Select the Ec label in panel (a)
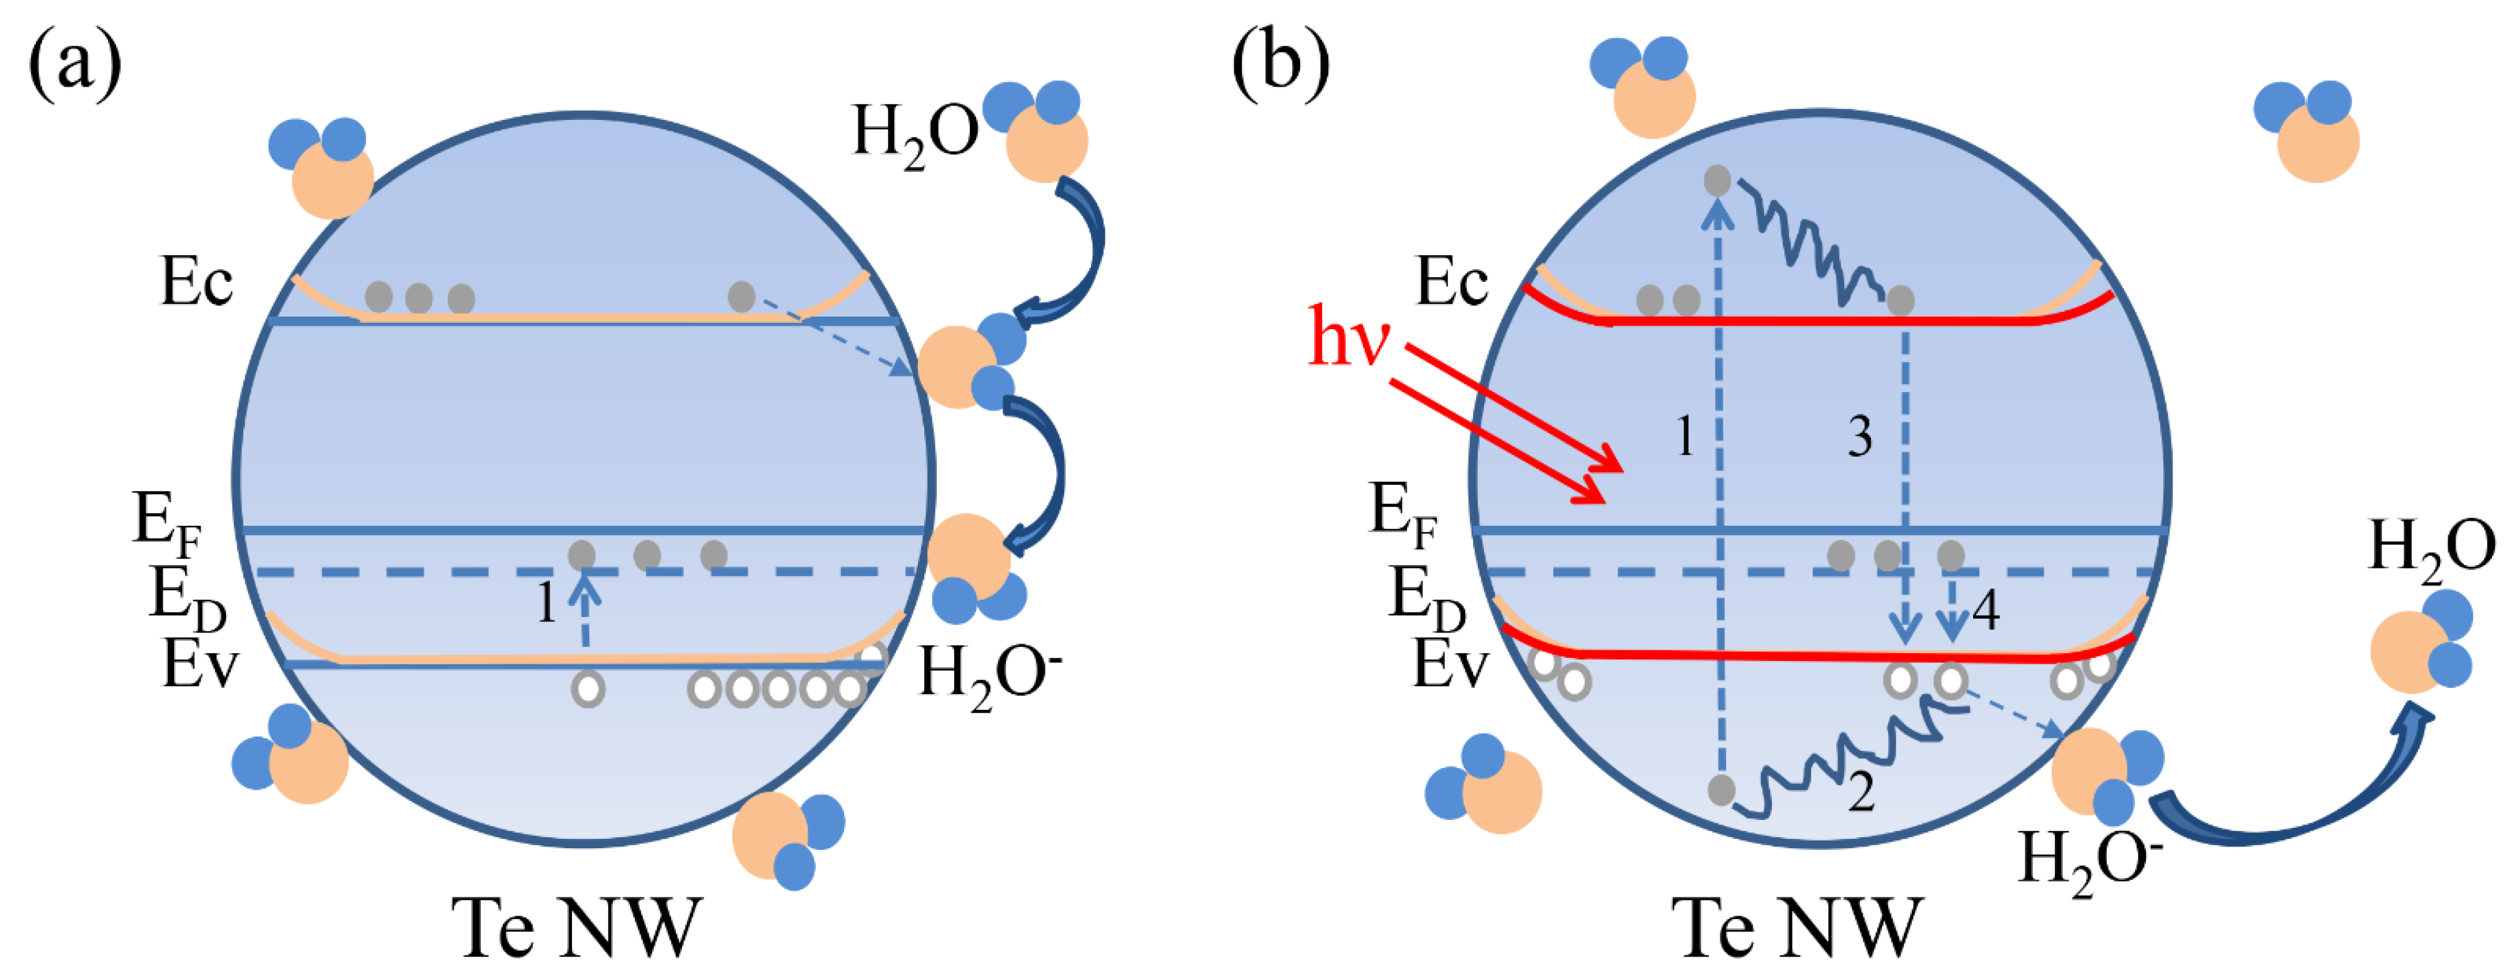195,284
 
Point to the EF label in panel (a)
166,523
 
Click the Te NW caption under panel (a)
577,927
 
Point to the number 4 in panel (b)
1985,611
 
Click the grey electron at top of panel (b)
1717,181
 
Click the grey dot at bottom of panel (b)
1721,789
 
